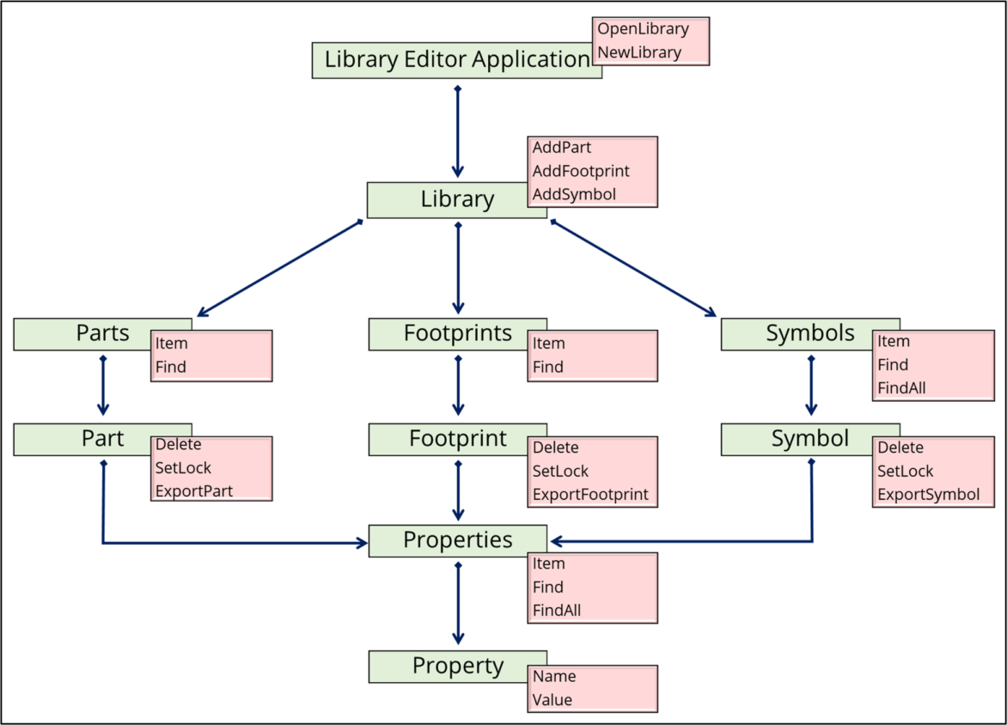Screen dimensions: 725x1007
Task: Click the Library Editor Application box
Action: pyautogui.click(x=455, y=60)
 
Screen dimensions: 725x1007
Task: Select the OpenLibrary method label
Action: pyautogui.click(x=643, y=29)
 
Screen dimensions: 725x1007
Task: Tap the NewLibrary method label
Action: pyautogui.click(x=638, y=52)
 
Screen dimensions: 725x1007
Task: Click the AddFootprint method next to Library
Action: pyautogui.click(x=580, y=171)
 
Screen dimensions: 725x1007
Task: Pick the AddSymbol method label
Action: pyautogui.click(x=573, y=194)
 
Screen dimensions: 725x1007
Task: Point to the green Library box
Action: pyautogui.click(x=456, y=199)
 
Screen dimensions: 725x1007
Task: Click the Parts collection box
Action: pyautogui.click(x=102, y=333)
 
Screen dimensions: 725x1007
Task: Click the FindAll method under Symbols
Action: pyautogui.click(x=901, y=387)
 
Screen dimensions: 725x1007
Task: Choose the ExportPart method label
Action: pyautogui.click(x=193, y=491)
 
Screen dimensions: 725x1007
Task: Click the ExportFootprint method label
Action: pyautogui.click(x=589, y=495)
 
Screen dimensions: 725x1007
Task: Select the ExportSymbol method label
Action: pyautogui.click(x=928, y=495)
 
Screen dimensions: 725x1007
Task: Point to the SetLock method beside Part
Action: pyautogui.click(x=183, y=468)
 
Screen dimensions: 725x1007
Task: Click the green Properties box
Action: pyautogui.click(x=457, y=540)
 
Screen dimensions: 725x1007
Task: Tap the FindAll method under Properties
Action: pyautogui.click(x=557, y=611)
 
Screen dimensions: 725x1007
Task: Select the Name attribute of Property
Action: pyautogui.click(x=553, y=676)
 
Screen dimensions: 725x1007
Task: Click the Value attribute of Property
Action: pyautogui.click(x=552, y=699)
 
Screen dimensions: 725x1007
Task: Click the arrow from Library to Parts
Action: pyautogui.click(x=278, y=268)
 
